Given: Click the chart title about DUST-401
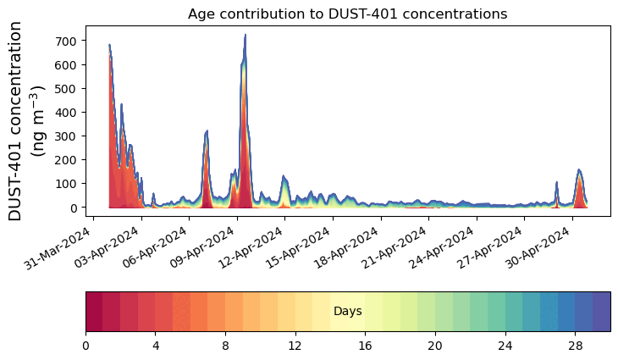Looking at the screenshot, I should tap(347, 14).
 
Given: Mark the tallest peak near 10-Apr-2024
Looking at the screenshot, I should tap(245, 36).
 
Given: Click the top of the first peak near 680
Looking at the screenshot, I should tap(109, 45).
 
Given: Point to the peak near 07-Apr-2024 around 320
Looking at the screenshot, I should tap(207, 131).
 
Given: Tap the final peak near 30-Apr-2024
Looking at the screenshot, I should tap(579, 170).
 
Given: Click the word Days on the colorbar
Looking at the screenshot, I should tap(347, 312).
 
